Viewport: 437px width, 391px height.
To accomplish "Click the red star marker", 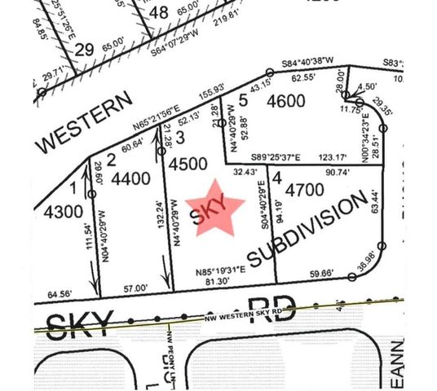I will (216, 209).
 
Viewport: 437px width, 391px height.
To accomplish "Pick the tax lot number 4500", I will (188, 163).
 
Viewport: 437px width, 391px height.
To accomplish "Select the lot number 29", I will (84, 51).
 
